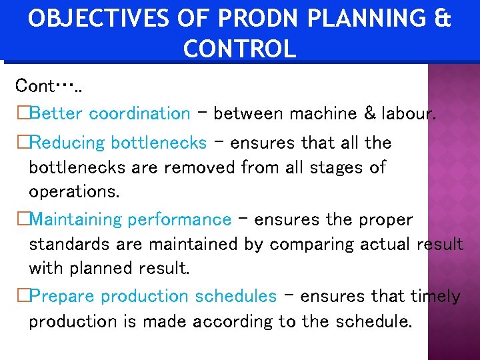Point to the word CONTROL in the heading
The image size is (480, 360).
[x=239, y=49]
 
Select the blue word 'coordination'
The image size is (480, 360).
[x=139, y=114]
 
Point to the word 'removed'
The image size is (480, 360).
[x=203, y=167]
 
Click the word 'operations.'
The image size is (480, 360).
[x=74, y=192]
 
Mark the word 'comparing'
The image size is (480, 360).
[x=311, y=245]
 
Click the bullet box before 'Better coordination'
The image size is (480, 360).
[x=22, y=114]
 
